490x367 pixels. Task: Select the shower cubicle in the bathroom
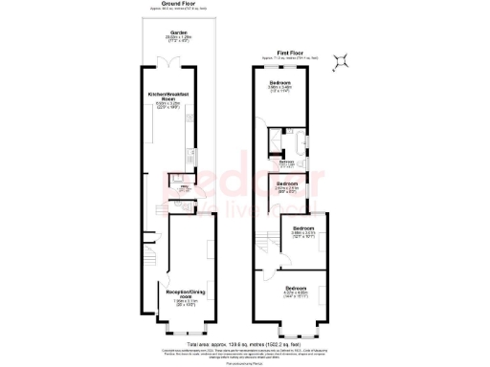(x=274, y=144)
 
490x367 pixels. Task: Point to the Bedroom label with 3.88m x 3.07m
(x=304, y=229)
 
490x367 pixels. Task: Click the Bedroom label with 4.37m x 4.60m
(x=296, y=288)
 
